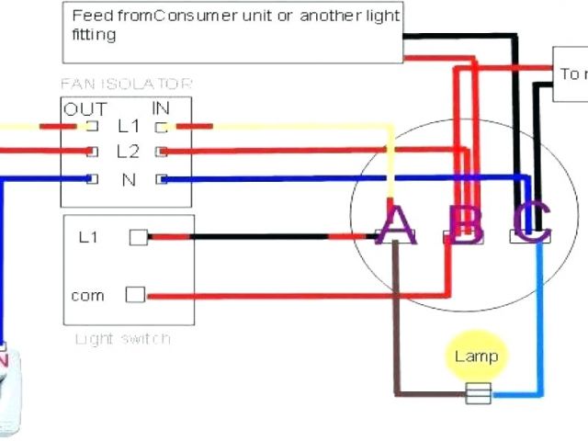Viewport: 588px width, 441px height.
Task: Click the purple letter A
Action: (397, 225)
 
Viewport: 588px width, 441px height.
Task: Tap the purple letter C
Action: (531, 223)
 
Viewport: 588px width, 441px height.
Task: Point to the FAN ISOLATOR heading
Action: (127, 85)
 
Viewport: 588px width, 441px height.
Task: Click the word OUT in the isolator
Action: (85, 109)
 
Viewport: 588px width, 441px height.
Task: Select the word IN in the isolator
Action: (161, 109)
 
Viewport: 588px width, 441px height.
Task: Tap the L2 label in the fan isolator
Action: (128, 152)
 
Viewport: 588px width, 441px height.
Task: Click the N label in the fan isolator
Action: (129, 180)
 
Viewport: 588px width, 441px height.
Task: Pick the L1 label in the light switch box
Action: (88, 238)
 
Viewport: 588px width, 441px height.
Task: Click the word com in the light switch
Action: (87, 296)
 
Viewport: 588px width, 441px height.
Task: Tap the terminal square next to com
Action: (135, 295)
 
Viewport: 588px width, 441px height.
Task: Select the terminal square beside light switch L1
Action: (138, 238)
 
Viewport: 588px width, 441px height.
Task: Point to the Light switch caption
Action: (122, 339)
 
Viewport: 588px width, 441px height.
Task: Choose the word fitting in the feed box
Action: (94, 35)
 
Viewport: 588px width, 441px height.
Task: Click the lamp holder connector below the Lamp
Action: (478, 395)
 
